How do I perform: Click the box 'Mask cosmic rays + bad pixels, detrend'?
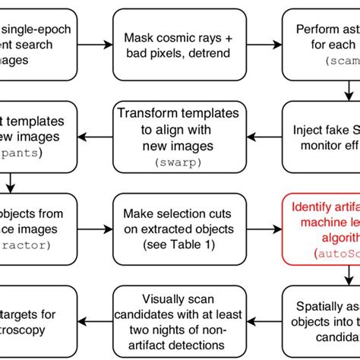click(179, 44)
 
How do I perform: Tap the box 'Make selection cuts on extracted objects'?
click(179, 226)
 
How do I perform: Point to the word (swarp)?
click(179, 161)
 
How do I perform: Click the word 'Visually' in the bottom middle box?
click(148, 295)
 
